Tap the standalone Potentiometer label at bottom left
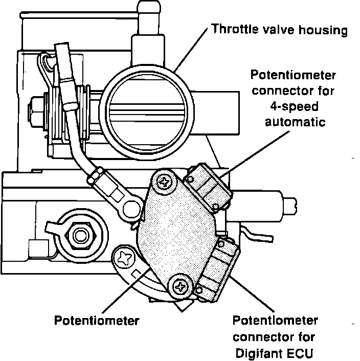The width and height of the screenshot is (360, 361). click(97, 321)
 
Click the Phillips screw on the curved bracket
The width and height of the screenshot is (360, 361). click(124, 258)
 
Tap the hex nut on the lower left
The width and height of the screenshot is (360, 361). click(80, 236)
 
